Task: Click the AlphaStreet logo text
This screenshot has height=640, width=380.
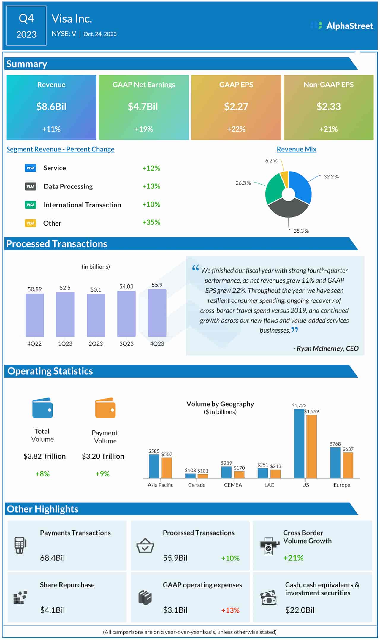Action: tap(349, 26)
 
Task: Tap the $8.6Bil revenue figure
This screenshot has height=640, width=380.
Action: tap(51, 107)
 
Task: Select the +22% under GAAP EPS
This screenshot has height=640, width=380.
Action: tap(236, 129)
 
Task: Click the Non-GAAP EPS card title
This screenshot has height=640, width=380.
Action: tap(328, 85)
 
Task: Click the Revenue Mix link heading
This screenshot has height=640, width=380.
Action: tap(296, 149)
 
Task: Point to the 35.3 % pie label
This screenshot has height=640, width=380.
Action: tap(301, 231)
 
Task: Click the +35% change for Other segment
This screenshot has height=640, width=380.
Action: tap(151, 222)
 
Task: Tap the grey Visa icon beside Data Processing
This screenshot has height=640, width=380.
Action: tap(30, 186)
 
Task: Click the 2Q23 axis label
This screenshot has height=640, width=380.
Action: tap(96, 343)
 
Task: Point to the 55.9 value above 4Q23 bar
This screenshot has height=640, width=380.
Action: tap(157, 285)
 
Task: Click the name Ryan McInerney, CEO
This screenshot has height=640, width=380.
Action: tap(326, 348)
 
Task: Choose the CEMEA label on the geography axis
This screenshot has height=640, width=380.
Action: tap(233, 485)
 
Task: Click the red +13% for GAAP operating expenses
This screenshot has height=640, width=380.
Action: tap(230, 610)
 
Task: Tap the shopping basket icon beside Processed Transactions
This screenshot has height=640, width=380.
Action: tap(145, 545)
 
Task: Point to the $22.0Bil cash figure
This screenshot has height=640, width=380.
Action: tap(300, 610)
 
